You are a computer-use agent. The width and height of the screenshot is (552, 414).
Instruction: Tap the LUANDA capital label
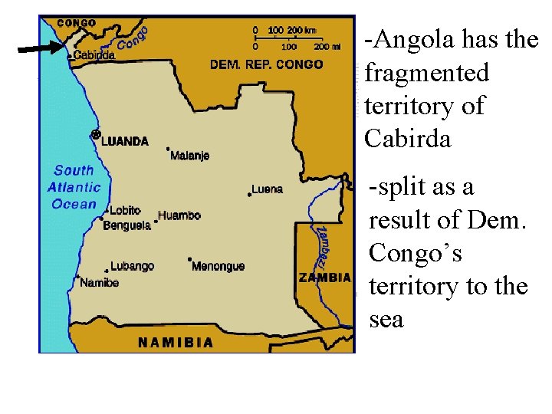125,141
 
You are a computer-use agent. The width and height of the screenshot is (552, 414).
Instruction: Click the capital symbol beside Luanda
96,135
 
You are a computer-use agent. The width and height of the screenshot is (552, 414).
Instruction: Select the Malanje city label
189,156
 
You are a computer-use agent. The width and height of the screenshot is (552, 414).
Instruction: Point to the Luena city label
267,189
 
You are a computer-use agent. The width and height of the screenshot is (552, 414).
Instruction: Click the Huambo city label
179,215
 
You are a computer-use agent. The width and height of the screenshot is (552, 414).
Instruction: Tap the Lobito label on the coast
125,210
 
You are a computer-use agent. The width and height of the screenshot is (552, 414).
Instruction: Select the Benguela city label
127,225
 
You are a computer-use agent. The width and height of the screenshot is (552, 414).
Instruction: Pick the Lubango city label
132,266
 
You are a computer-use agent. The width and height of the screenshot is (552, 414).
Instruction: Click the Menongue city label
218,266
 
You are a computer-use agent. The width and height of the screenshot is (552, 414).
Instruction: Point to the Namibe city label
100,283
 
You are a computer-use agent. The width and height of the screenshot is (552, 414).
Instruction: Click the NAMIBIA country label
176,343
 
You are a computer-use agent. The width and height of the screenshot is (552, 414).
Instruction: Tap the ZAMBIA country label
325,278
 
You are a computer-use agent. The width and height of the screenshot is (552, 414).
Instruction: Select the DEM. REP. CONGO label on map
267,64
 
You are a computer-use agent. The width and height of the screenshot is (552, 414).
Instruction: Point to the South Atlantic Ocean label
74,187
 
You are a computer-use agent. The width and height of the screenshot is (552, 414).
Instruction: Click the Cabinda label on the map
95,55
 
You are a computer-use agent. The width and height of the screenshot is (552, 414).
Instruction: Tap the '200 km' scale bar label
301,30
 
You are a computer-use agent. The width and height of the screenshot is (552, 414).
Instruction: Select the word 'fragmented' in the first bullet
427,73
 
